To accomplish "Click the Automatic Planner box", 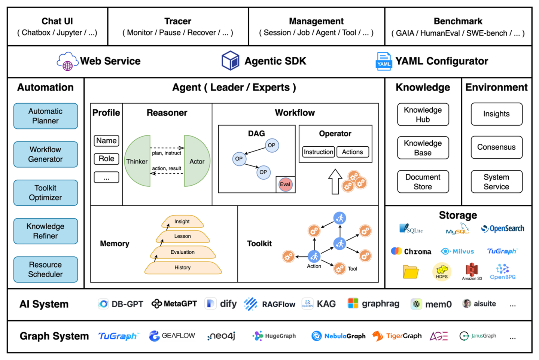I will tap(46, 116).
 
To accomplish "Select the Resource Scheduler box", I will tap(46, 269).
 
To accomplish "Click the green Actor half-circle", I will tap(197, 161).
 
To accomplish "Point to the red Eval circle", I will tap(285, 184).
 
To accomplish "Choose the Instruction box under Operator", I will tap(318, 152).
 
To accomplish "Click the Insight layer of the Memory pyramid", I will tap(182, 222).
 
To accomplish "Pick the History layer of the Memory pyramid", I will tap(183, 268).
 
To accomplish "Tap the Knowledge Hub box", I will tap(423, 115).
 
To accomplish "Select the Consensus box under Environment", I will tap(496, 147).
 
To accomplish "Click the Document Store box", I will tap(423, 182).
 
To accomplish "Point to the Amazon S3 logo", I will tap(472, 271).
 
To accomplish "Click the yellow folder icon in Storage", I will tap(410, 272).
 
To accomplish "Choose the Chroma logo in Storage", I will tap(411, 251).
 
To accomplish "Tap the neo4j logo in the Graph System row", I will tap(221, 336).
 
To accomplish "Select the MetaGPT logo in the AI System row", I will tap(174, 304).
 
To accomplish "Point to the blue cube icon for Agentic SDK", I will tap(230, 61).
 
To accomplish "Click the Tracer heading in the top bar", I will tap(178, 21).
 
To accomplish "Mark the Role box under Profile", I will tap(106, 159).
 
